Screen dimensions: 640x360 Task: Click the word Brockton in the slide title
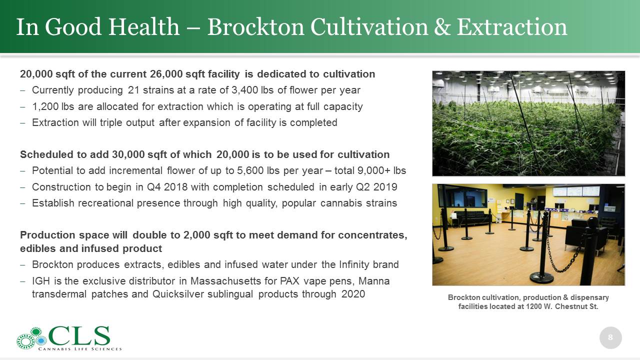click(255, 27)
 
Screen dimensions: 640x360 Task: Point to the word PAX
click(289, 281)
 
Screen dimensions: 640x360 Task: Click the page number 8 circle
click(610, 337)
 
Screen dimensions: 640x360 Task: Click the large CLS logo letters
click(79, 336)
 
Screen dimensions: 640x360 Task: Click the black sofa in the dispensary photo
click(472, 217)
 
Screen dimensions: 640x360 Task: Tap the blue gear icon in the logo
click(41, 340)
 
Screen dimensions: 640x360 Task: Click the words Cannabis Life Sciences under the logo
click(80, 349)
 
